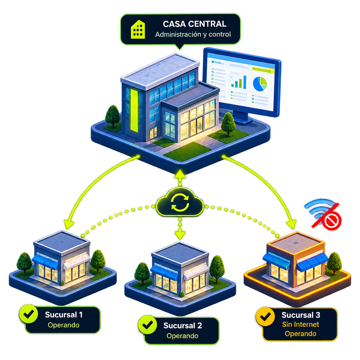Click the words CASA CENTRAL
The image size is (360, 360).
click(x=194, y=24)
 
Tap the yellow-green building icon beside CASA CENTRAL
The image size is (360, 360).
click(x=138, y=29)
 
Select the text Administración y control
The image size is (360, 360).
click(x=193, y=34)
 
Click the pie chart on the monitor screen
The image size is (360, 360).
click(x=260, y=84)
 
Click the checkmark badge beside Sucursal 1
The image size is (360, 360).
click(x=29, y=314)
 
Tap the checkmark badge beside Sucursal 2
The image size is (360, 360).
click(x=148, y=325)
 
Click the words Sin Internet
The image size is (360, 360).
click(x=300, y=324)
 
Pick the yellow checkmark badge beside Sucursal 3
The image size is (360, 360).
click(x=265, y=316)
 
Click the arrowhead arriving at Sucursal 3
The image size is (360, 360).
click(x=291, y=224)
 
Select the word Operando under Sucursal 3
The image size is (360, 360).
click(x=300, y=334)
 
